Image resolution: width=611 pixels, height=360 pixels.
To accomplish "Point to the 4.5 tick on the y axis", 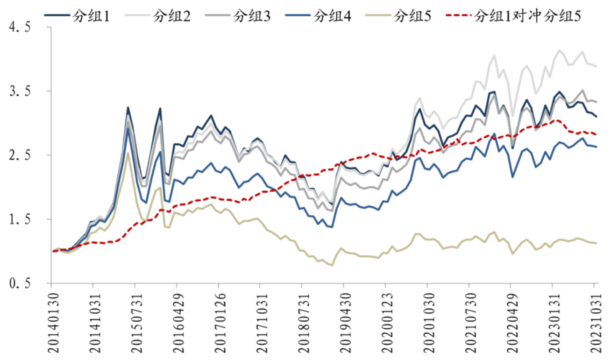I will click(x=20, y=28).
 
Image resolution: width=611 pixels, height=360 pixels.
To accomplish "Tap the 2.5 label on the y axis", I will click(x=20, y=155).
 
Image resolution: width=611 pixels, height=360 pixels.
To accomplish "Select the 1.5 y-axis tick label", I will click(x=20, y=219).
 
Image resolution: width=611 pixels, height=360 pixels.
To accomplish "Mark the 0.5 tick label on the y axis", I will click(x=20, y=283).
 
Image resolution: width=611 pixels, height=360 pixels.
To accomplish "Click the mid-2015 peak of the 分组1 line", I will click(x=128, y=108).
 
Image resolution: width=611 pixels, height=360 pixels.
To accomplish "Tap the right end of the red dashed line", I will click(x=597, y=134).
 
